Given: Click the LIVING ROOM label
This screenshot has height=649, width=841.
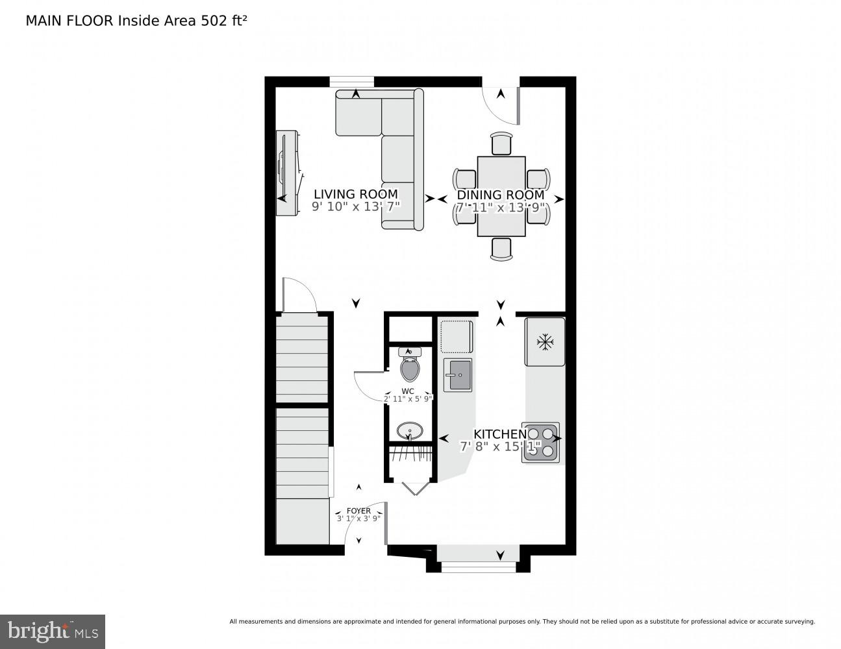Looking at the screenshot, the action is pos(356,194).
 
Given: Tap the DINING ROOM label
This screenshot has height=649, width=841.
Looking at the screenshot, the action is pos(501,195).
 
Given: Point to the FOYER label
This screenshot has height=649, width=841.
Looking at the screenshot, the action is pos(358,511).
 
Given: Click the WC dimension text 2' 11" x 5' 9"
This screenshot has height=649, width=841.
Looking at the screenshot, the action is pos(408,398).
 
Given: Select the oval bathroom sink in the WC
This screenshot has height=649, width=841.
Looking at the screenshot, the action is pos(410,431).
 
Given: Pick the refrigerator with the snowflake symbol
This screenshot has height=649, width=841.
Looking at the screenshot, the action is pos(545,341).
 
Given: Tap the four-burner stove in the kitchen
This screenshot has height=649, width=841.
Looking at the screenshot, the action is pos(540,442).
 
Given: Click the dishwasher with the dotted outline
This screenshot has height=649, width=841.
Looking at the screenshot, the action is pos(457,336).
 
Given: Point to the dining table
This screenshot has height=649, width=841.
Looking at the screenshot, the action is pos(501,197).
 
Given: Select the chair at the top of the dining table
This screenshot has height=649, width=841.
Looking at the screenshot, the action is pos(501,143).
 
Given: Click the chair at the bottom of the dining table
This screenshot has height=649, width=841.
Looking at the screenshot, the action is pos(501,249).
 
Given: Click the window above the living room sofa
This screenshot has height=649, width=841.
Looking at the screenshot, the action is pos(352,82).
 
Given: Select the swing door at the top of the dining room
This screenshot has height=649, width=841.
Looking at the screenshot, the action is pos(500,106).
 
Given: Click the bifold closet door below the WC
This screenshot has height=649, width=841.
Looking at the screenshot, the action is pos(415,488).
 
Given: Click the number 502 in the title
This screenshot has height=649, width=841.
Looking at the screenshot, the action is pos(214,21).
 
